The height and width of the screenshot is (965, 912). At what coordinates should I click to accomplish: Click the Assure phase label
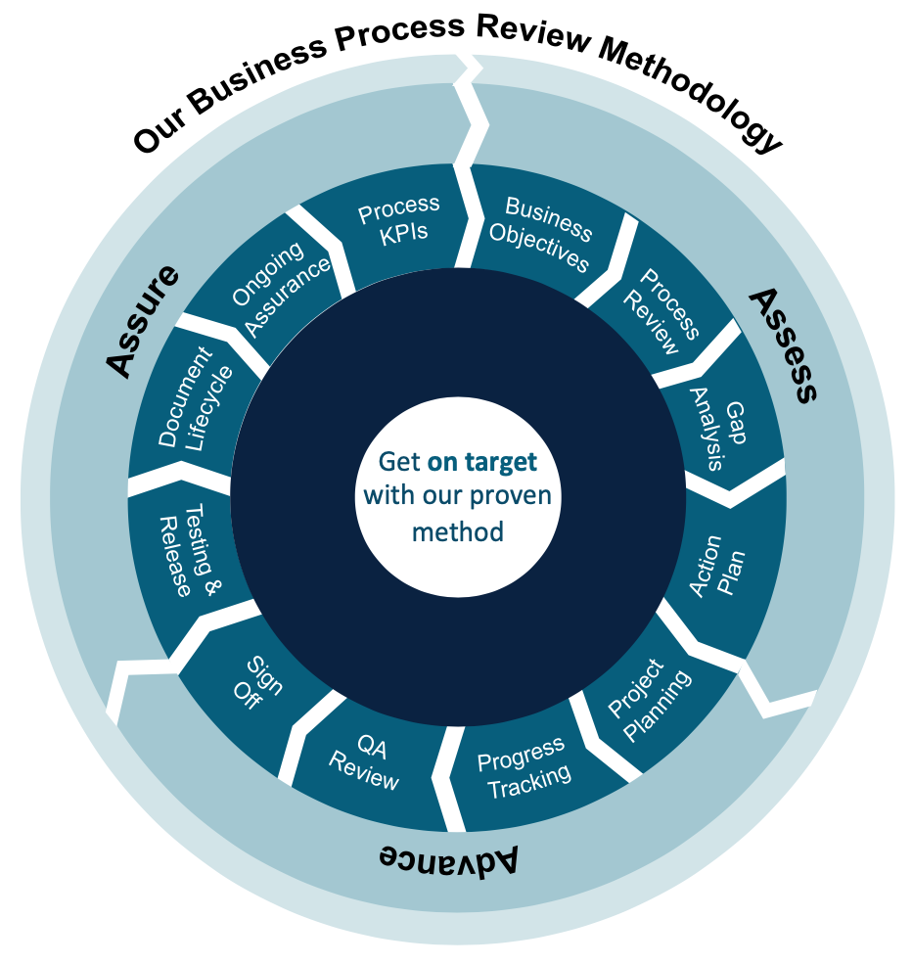point(143,322)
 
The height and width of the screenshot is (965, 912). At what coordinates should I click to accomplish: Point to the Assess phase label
point(784,344)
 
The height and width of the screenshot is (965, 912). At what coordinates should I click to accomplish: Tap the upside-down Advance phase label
point(448,858)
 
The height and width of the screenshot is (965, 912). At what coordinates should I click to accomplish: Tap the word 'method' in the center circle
point(457,531)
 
